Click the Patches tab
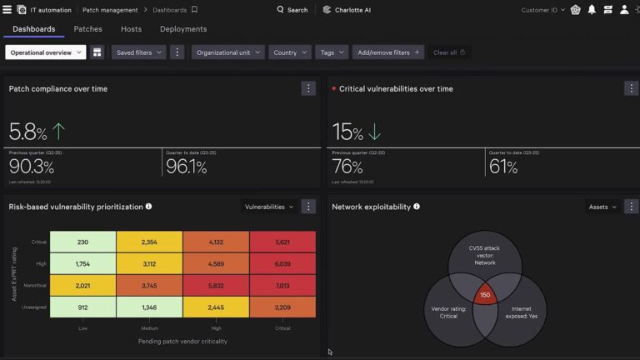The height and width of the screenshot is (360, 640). click(x=87, y=29)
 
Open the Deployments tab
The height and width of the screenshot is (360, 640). click(x=183, y=29)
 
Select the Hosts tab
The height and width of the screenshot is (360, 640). click(x=131, y=29)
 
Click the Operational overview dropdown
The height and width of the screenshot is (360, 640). click(x=46, y=52)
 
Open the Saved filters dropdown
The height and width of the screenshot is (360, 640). click(x=138, y=52)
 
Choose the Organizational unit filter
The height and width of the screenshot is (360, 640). click(x=228, y=52)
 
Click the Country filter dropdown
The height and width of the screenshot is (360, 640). click(x=289, y=52)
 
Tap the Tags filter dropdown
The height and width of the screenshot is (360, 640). click(x=332, y=52)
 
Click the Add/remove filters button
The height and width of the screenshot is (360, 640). click(x=388, y=52)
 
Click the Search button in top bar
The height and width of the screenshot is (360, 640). click(x=292, y=10)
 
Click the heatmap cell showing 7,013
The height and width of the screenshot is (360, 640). click(x=282, y=285)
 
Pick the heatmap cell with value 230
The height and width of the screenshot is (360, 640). click(x=82, y=242)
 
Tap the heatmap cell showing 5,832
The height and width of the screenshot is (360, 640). click(x=216, y=285)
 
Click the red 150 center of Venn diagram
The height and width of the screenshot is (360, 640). click(x=485, y=295)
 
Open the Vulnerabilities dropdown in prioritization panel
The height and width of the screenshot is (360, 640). click(x=268, y=207)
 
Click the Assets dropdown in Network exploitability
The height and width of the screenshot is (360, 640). click(x=602, y=207)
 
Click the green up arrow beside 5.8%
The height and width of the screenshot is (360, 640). click(x=58, y=131)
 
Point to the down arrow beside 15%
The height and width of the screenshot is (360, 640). click(x=375, y=132)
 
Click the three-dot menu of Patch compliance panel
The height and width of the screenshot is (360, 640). click(x=308, y=88)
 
